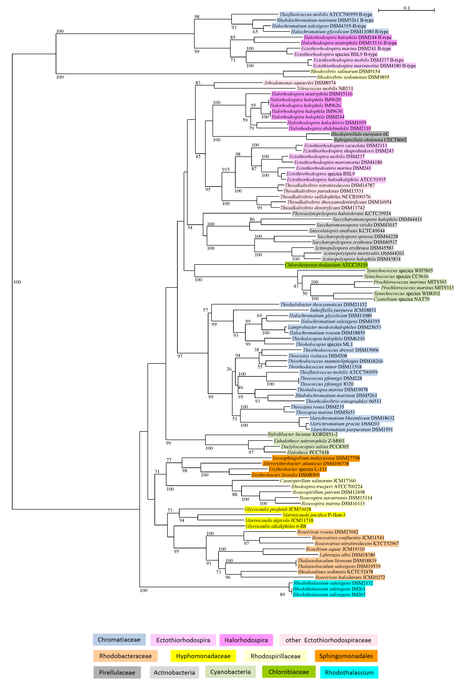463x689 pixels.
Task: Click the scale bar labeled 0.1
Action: coord(406,11)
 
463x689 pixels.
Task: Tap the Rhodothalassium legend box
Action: coord(349,673)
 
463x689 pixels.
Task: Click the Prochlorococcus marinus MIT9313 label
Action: coord(417,288)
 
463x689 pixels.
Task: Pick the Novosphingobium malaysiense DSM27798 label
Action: coord(316,458)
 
